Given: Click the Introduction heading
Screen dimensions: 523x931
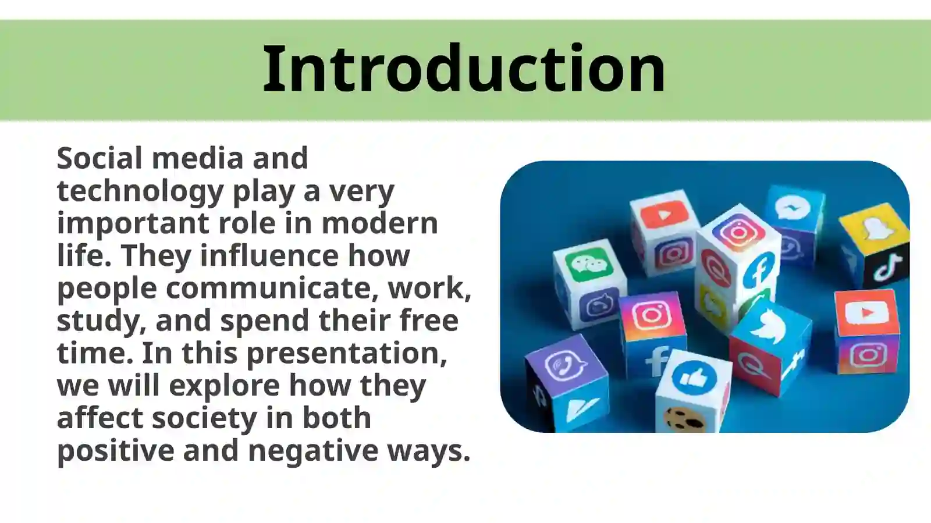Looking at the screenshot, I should pyautogui.click(x=464, y=69).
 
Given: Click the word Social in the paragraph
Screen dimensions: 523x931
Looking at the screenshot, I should pyautogui.click(x=100, y=158).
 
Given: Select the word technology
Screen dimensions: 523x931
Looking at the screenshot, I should pyautogui.click(x=140, y=191).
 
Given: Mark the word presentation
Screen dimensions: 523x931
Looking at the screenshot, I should pyautogui.click(x=347, y=354).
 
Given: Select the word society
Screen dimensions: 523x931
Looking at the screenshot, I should pyautogui.click(x=204, y=418).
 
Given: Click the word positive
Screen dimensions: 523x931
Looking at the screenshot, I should pyautogui.click(x=115, y=451).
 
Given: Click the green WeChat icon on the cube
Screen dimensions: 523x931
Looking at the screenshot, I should pyautogui.click(x=589, y=267).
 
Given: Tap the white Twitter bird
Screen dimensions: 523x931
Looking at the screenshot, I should pyautogui.click(x=769, y=326).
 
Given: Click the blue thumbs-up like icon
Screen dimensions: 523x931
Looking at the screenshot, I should pyautogui.click(x=692, y=378).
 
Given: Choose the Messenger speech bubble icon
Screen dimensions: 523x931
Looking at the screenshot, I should pyautogui.click(x=793, y=208).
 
